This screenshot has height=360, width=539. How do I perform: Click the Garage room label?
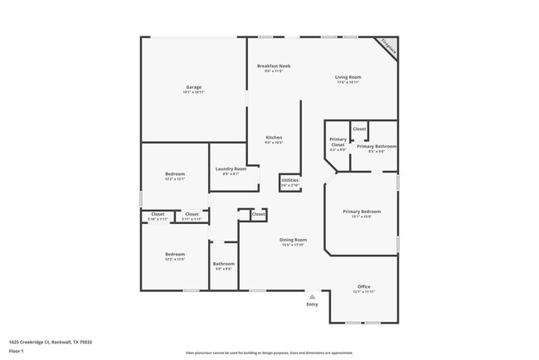tap(193, 87)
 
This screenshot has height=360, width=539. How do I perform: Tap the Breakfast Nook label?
tap(273, 66)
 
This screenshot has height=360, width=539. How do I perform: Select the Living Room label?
tap(347, 77)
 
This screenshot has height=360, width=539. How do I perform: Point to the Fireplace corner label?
tap(388, 46)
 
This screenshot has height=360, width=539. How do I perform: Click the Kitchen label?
tap(274, 138)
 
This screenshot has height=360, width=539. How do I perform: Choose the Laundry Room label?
tap(231, 169)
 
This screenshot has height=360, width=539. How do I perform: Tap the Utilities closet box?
tap(290, 182)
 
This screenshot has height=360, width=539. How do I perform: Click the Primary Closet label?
tap(337, 142)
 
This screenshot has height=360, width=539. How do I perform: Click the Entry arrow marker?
tap(312, 296)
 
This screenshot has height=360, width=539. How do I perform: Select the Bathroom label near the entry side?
tap(223, 265)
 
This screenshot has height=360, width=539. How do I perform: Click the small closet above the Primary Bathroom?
tap(359, 129)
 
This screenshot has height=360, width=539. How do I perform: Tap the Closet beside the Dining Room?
tap(258, 214)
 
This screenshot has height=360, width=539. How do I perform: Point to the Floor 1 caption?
tap(17, 351)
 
